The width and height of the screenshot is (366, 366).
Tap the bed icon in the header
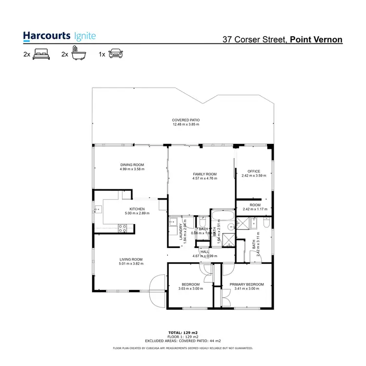41,55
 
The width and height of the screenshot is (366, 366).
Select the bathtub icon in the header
76,54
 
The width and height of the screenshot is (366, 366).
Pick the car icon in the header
115,55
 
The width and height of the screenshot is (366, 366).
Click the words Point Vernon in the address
316,39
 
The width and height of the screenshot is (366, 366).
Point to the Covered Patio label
185,120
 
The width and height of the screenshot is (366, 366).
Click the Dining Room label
132,165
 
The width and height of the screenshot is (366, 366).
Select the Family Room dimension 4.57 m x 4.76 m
204,179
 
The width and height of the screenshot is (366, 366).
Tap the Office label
254,171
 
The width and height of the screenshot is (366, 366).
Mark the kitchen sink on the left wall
97,210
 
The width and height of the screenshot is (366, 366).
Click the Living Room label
131,259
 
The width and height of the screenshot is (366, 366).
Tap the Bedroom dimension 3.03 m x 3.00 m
190,289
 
